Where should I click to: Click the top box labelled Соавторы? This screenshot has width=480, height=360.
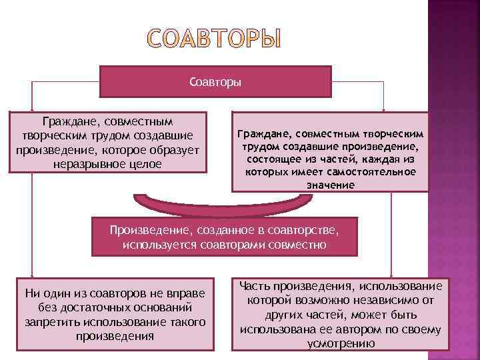(215, 82)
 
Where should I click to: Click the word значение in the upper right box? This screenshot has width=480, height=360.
(331, 184)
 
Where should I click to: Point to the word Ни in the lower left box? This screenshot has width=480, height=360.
(32, 293)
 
